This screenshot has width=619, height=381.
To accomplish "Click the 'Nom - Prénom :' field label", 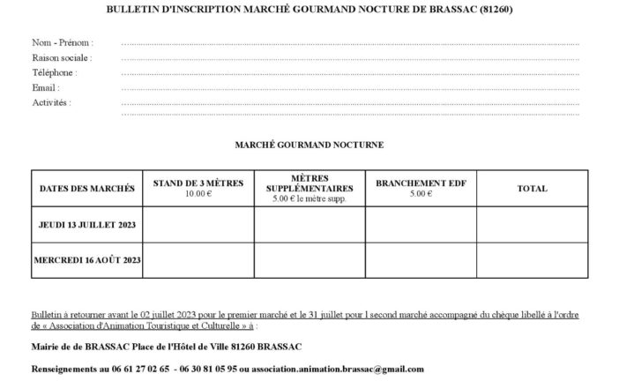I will tap(62, 42).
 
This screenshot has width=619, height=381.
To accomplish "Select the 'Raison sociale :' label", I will tap(62, 57).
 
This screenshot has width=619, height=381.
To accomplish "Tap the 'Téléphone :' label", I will tap(55, 72).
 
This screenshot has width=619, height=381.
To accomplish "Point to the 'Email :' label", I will tap(46, 87).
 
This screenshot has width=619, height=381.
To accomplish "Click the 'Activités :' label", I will tap(51, 102).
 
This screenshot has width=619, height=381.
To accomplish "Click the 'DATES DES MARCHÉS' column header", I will tap(87, 188).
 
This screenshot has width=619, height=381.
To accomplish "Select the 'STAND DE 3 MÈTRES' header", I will tap(198, 183).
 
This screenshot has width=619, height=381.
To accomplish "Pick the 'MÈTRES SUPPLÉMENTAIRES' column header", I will tap(309, 183).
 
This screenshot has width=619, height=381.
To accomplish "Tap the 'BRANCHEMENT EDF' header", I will tap(421, 183).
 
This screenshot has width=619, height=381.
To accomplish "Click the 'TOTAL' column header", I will tap(532, 188).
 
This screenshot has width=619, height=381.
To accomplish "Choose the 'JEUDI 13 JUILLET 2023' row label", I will tap(87, 224).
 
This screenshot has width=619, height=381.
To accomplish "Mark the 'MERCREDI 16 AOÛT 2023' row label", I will tap(87, 261).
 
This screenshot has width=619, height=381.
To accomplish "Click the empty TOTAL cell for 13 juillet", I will tap(532, 224).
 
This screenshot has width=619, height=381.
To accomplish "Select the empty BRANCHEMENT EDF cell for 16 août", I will tap(421, 261).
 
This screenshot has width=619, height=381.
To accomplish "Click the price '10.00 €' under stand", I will tap(198, 192).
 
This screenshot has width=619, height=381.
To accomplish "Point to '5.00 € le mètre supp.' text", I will tap(309, 199).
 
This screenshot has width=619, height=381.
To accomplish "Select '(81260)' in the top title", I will tap(495, 9).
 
